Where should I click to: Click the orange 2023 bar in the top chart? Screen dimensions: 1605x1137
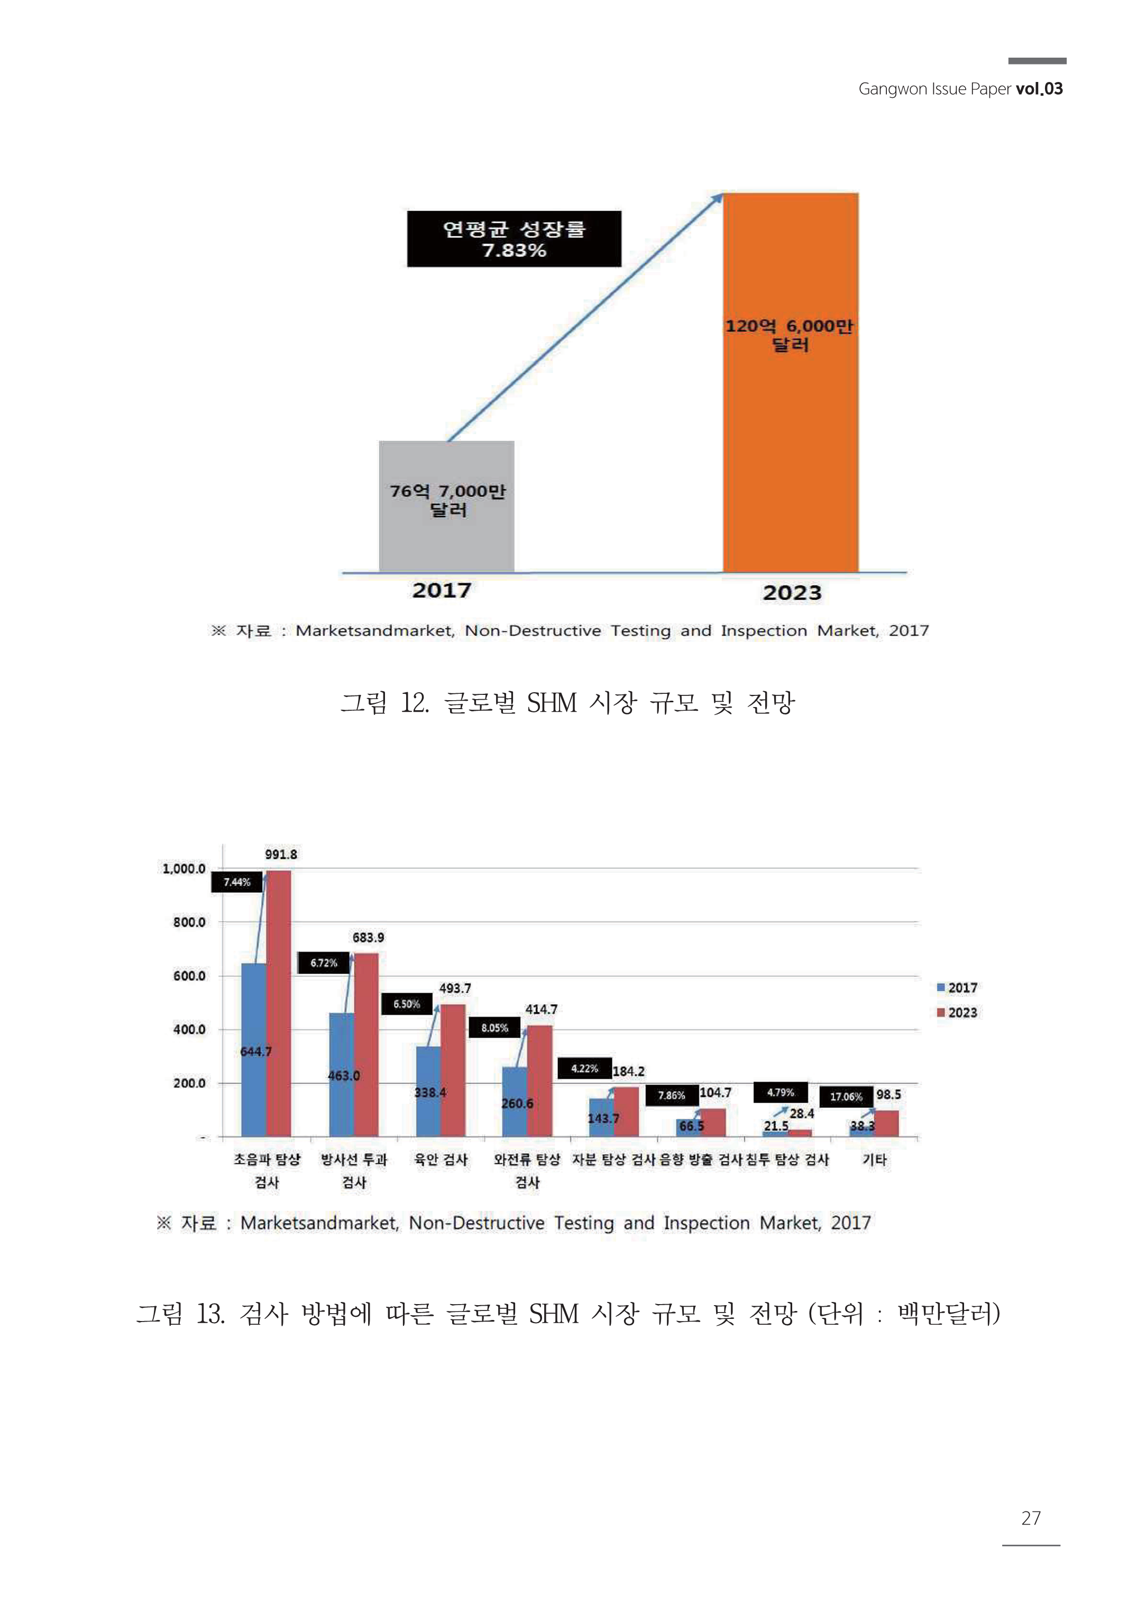[x=791, y=420]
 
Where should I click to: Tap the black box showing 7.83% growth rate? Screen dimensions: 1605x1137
[x=514, y=239]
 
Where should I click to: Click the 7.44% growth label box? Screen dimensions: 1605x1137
[x=236, y=882]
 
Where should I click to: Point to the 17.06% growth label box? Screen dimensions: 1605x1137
[x=846, y=1096]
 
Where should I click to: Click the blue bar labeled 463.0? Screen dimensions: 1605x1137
[x=342, y=1078]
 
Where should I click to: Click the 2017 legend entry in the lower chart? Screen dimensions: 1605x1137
[x=957, y=988]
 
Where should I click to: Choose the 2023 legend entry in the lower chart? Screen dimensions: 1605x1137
[x=957, y=1012]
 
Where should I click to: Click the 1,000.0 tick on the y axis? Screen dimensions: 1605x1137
[x=184, y=869]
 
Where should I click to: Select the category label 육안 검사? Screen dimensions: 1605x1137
[x=441, y=1159]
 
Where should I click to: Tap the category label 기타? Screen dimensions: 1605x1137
[x=875, y=1159]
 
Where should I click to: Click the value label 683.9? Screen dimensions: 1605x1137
[x=368, y=937]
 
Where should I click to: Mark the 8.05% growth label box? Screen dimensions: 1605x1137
[x=494, y=1028]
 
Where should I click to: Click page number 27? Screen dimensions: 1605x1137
[x=1031, y=1518]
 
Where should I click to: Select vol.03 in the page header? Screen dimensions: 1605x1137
[x=1039, y=89]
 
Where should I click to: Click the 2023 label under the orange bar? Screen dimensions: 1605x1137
[x=792, y=593]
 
